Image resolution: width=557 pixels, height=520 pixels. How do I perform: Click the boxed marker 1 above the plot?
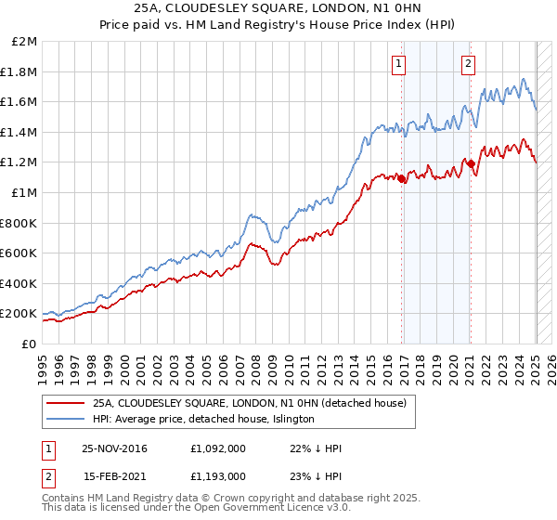[x=398, y=64]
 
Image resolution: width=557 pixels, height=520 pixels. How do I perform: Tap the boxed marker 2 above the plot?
[x=468, y=64]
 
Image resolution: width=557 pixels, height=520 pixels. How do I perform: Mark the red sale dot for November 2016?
[x=402, y=179]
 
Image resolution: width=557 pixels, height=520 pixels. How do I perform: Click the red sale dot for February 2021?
[x=471, y=163]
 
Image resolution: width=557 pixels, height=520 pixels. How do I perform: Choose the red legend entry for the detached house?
[x=249, y=404]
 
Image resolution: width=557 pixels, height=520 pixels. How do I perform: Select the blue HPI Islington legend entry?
[x=203, y=420]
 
